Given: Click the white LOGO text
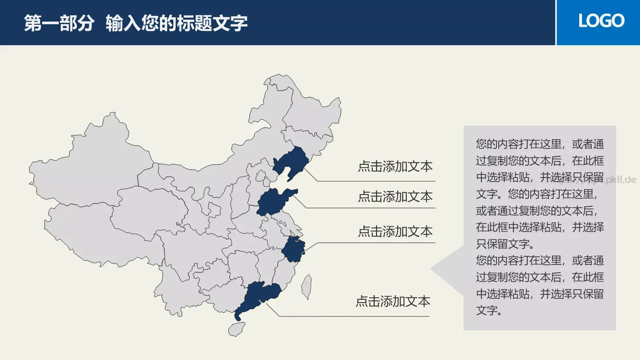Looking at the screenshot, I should [x=601, y=21].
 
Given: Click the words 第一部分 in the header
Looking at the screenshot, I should [x=59, y=23].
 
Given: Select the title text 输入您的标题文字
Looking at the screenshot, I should [x=176, y=23].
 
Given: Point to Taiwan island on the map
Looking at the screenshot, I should [x=307, y=286].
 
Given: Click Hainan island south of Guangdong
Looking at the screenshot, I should [x=237, y=329].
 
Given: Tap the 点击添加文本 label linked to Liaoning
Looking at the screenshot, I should [x=395, y=166].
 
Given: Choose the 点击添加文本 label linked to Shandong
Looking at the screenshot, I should [x=395, y=196].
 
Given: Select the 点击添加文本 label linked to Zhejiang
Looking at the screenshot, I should [x=395, y=232].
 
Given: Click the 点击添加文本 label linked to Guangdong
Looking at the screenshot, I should [x=393, y=301].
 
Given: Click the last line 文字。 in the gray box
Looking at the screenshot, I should [x=489, y=311].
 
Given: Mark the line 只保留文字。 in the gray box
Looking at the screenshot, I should [x=505, y=244].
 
